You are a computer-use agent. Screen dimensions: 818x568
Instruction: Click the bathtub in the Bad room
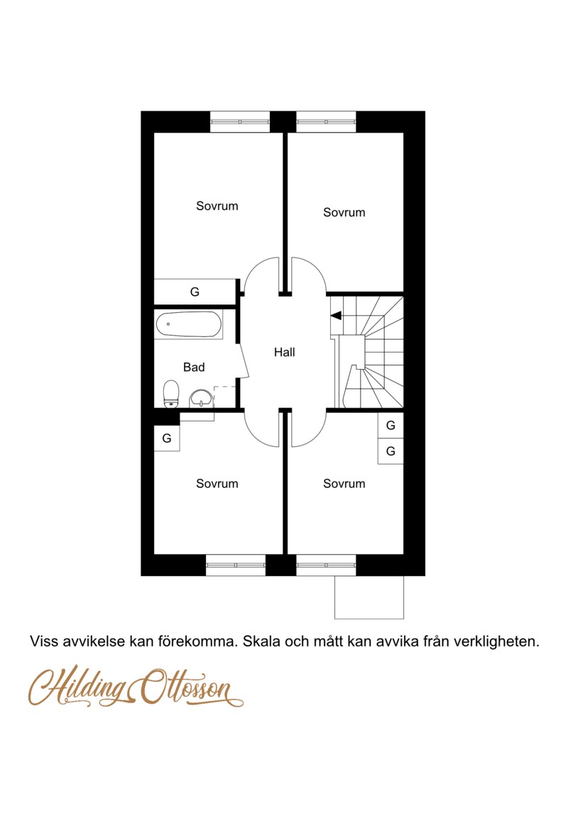tap(188, 324)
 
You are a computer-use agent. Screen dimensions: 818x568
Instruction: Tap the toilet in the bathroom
tap(170, 394)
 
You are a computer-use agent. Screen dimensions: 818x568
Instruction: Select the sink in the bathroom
tap(201, 398)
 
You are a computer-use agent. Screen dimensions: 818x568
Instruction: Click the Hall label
tap(284, 352)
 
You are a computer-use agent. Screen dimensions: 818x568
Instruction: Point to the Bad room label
tap(194, 367)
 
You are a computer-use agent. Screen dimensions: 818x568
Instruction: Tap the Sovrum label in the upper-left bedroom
tap(217, 206)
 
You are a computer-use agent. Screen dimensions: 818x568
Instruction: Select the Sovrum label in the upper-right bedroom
tap(344, 212)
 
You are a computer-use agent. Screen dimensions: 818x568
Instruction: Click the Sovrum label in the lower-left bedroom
tap(217, 484)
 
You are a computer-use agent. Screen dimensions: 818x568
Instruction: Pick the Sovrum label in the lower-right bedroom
tap(344, 484)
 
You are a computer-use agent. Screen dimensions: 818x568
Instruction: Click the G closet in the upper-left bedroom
tap(195, 292)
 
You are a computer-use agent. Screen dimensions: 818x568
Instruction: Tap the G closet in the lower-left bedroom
tap(167, 438)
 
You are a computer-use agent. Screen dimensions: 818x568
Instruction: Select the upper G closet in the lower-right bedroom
tap(390, 426)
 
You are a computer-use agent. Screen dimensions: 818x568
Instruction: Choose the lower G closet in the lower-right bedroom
tap(390, 451)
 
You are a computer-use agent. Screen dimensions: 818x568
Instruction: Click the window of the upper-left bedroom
tap(240, 121)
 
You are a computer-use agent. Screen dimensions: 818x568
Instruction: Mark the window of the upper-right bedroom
tap(326, 121)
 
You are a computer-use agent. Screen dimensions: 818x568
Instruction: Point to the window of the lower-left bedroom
tap(236, 565)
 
